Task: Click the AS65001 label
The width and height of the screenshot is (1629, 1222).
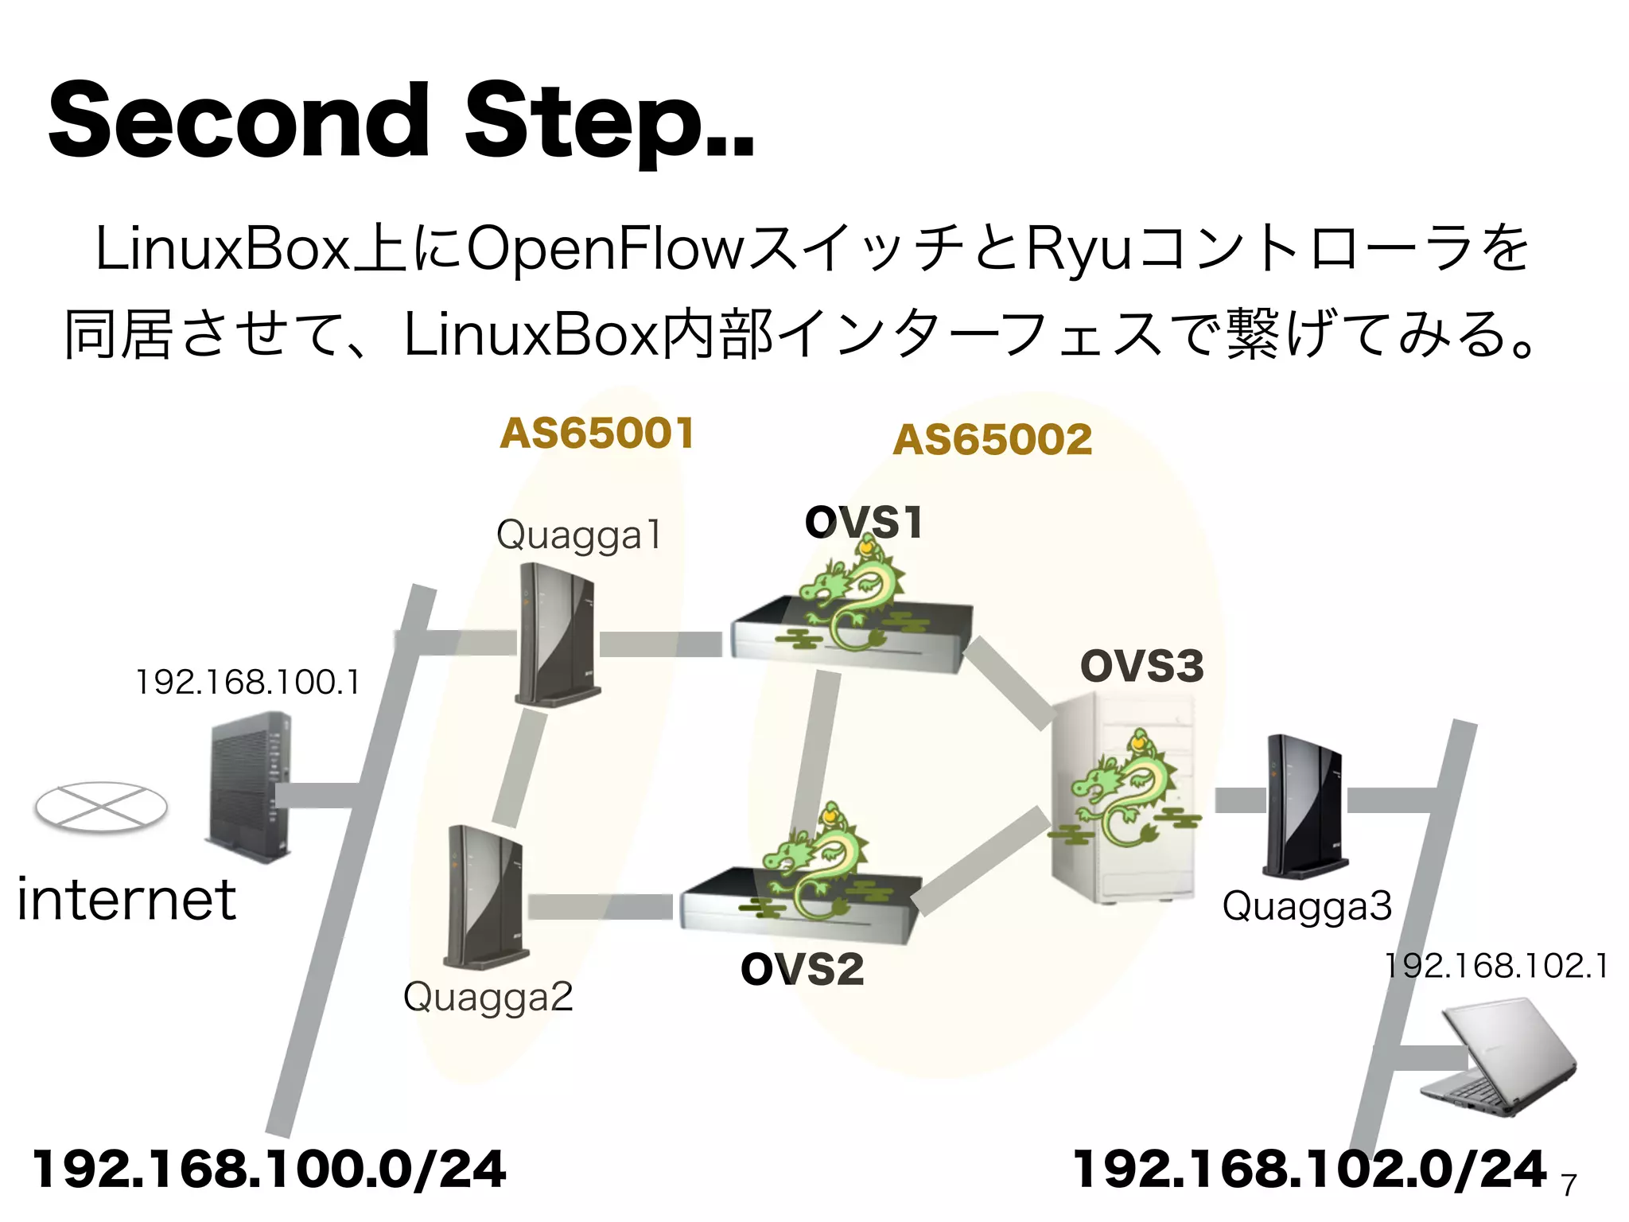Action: (597, 434)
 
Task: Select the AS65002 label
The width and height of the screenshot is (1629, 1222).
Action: (992, 440)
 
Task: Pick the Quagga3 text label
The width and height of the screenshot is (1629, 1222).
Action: (1307, 906)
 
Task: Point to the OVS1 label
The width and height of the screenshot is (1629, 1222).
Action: (863, 523)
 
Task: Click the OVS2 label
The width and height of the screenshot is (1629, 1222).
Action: (802, 969)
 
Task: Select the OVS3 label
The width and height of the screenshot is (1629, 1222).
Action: (1141, 666)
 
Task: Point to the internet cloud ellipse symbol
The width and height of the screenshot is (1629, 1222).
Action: (101, 808)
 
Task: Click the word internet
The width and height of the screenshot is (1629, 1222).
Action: (126, 900)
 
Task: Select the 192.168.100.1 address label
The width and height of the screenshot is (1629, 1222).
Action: (247, 683)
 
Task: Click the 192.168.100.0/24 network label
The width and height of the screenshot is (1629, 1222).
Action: (269, 1169)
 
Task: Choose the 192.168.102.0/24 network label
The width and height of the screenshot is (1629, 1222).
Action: (1309, 1169)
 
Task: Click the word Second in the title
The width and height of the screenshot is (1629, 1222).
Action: (239, 121)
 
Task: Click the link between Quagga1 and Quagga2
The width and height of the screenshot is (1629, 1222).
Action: (520, 768)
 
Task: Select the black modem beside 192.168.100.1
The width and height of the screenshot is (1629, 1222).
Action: (248, 788)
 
